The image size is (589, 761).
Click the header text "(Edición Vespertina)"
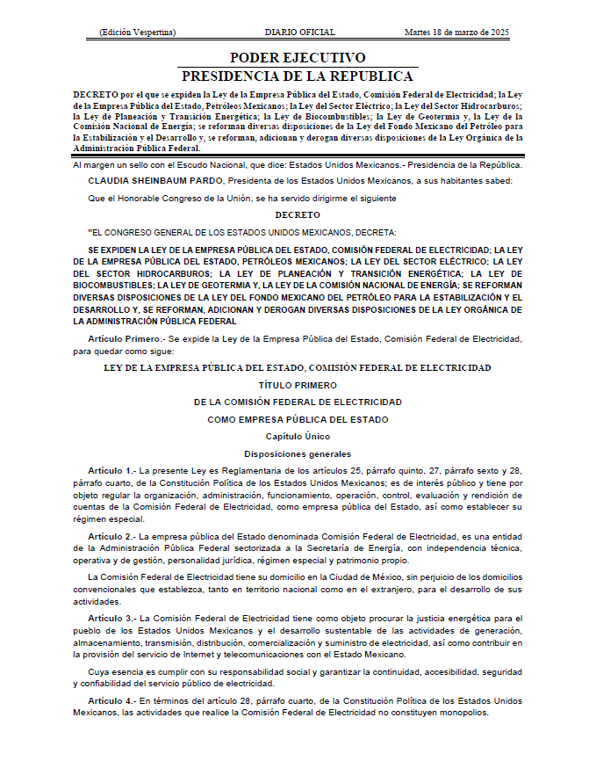[138, 33]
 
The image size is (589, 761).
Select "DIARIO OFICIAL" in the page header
[299, 33]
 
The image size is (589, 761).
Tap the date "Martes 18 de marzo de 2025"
[457, 33]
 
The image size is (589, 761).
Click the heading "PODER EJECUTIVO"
[298, 58]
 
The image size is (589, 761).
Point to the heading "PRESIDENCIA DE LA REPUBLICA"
[298, 76]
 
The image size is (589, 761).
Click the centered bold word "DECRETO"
[298, 214]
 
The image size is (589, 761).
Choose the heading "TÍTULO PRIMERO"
[298, 385]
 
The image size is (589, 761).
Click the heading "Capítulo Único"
[298, 436]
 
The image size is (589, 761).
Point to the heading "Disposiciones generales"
[298, 453]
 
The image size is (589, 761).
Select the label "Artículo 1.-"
[111, 471]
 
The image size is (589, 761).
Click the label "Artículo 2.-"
[111, 535]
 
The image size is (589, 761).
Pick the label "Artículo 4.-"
[111, 701]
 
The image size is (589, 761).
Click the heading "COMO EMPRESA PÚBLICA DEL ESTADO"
[298, 419]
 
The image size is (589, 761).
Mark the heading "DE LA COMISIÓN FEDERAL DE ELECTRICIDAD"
[298, 402]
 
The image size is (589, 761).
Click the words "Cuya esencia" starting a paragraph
[114, 672]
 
